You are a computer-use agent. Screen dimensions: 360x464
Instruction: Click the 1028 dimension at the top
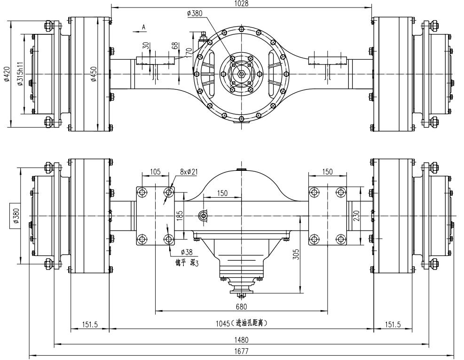pos(242,3)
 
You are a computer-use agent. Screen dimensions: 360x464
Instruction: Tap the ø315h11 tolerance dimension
pos(20,73)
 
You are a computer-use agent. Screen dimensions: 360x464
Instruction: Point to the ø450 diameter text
pos(94,73)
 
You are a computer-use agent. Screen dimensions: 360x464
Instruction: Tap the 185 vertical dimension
pos(179,215)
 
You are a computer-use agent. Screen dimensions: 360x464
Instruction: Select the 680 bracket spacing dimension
pos(241,307)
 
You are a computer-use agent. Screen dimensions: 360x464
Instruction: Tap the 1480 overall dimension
pos(241,340)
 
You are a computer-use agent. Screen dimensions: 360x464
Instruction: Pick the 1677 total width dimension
pos(241,351)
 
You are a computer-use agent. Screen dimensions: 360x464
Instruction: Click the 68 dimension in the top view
pos(175,46)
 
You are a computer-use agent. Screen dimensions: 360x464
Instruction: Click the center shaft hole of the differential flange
pos(241,74)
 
